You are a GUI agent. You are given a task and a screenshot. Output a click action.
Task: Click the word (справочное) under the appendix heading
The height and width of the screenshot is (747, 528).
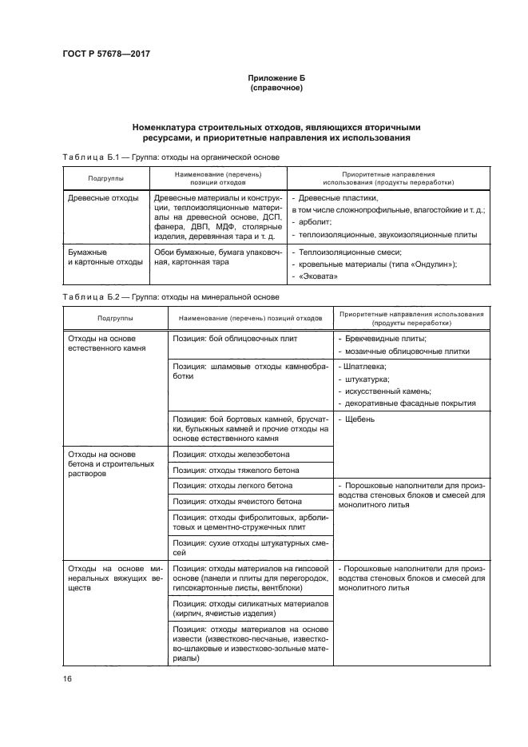[x=276, y=89]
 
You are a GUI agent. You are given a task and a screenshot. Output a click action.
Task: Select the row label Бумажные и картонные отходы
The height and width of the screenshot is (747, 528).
[x=103, y=256]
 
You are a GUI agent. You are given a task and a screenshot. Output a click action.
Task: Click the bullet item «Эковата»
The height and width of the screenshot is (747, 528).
[x=317, y=277]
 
